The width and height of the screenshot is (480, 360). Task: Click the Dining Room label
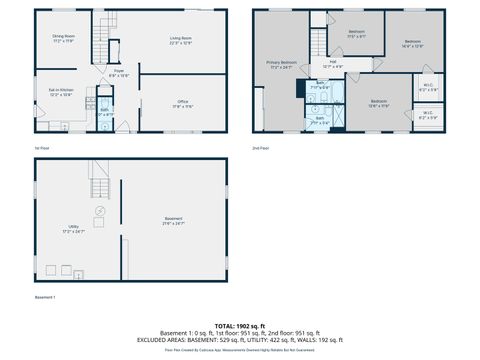tap(63, 39)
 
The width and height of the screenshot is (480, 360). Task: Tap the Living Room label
tap(181, 39)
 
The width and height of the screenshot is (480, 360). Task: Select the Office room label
tap(181, 103)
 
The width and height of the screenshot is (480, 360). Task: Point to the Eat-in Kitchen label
tap(60, 93)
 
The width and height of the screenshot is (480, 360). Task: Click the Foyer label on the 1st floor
tap(117, 73)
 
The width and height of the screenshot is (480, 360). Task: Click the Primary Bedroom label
tap(281, 65)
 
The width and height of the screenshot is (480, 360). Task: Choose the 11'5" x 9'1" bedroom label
tap(356, 34)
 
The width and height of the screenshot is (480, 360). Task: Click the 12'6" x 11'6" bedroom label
tap(379, 103)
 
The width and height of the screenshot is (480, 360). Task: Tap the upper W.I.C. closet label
tap(427, 87)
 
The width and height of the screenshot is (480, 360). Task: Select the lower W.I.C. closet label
tap(427, 115)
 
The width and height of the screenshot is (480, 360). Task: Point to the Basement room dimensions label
tap(173, 224)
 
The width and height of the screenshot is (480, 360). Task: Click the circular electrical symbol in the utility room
tap(99, 211)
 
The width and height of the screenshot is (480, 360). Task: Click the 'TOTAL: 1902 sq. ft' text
tap(239, 326)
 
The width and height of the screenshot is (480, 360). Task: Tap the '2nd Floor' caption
tap(262, 147)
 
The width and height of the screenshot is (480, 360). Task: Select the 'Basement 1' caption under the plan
tap(45, 297)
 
